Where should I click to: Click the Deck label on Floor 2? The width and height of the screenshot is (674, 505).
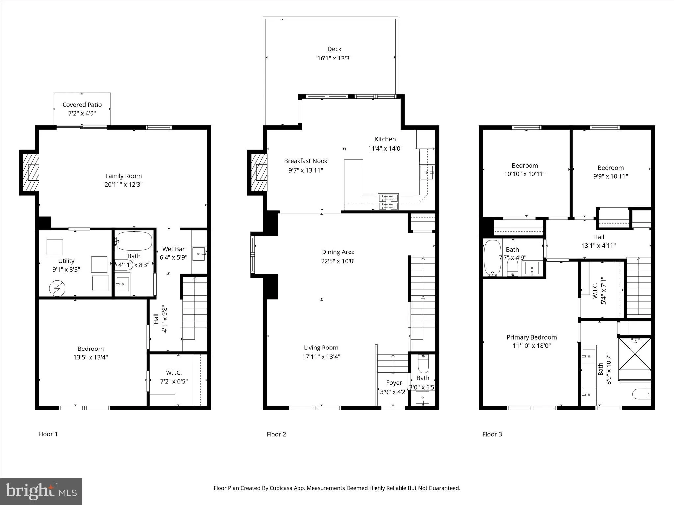pyautogui.click(x=334, y=49)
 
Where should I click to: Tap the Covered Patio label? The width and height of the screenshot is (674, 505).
pyautogui.click(x=82, y=105)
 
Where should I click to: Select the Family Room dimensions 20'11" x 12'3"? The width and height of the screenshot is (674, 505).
pyautogui.click(x=123, y=184)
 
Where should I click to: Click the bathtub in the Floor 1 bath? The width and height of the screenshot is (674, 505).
pyautogui.click(x=134, y=241)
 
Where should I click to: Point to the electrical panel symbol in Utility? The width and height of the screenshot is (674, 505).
pyautogui.click(x=57, y=289)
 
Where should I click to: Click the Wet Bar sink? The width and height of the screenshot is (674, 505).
pyautogui.click(x=198, y=253)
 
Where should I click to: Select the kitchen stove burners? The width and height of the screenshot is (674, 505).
pyautogui.click(x=388, y=202)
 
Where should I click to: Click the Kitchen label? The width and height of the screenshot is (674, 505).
pyautogui.click(x=385, y=139)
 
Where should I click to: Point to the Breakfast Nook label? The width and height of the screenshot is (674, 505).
pyautogui.click(x=305, y=161)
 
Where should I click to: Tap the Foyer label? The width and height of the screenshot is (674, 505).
pyautogui.click(x=394, y=383)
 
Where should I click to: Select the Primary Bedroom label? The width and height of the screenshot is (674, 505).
pyautogui.click(x=531, y=337)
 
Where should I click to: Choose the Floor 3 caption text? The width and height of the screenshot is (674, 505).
pyautogui.click(x=492, y=434)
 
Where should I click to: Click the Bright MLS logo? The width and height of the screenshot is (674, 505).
pyautogui.click(x=41, y=491)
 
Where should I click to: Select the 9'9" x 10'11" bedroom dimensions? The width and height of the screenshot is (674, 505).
pyautogui.click(x=610, y=176)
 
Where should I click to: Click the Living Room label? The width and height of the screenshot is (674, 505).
pyautogui.click(x=321, y=348)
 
